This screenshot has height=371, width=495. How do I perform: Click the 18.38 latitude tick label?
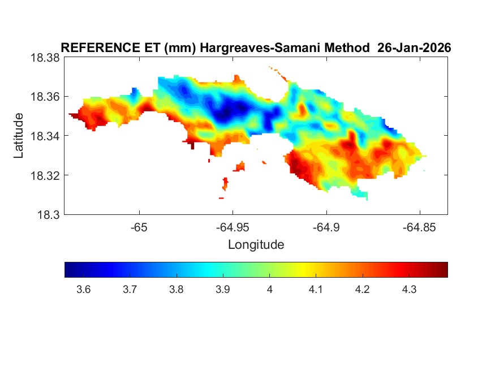click(x=44, y=58)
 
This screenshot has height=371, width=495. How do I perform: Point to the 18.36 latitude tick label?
click(x=44, y=97)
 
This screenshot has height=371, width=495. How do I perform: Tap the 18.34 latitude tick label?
click(x=44, y=136)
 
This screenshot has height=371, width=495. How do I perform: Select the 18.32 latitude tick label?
click(x=44, y=175)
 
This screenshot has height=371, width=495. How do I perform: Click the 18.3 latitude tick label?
click(x=47, y=214)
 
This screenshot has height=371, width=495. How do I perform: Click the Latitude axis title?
click(x=19, y=136)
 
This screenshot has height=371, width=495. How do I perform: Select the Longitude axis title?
click(x=256, y=245)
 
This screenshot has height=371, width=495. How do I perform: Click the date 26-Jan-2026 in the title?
click(x=414, y=49)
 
